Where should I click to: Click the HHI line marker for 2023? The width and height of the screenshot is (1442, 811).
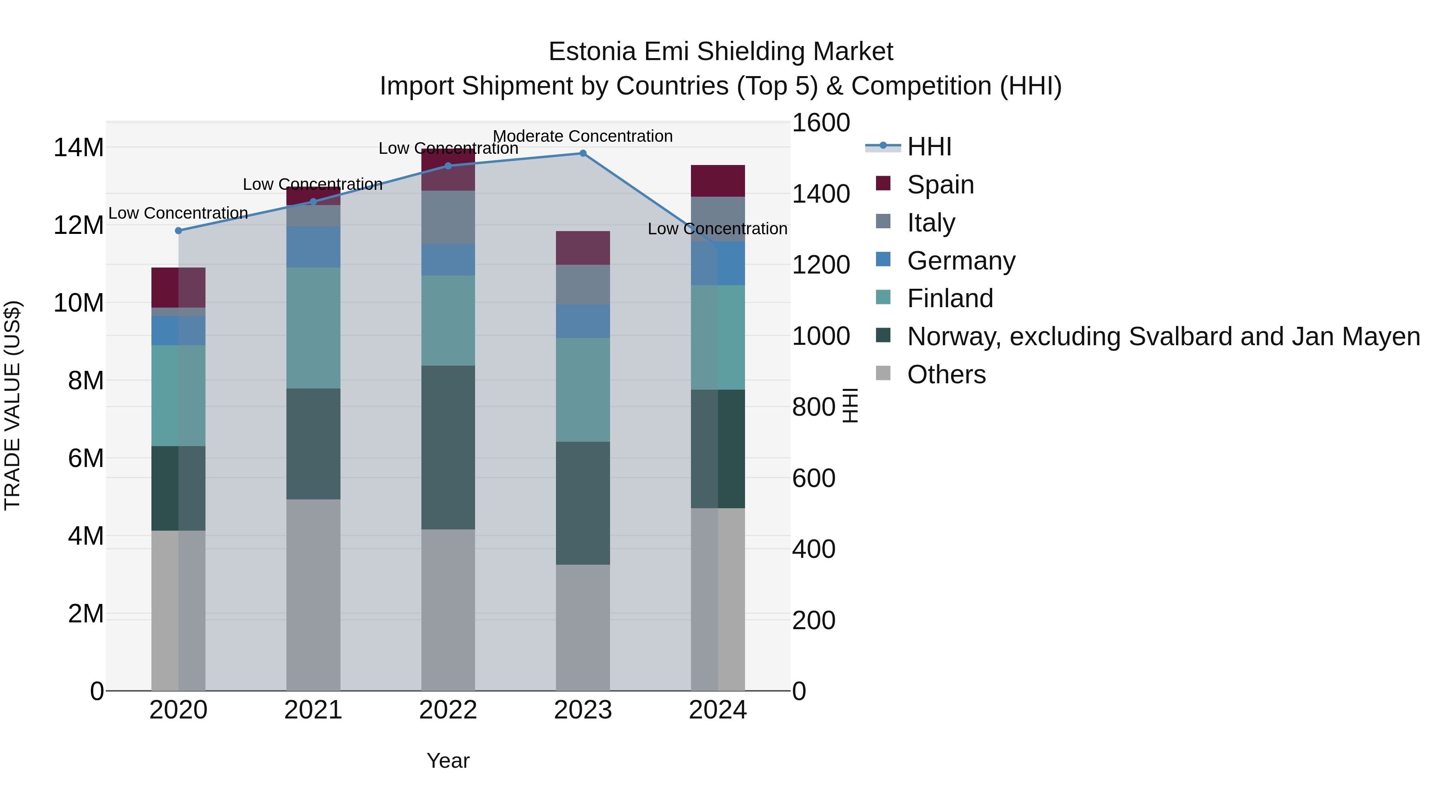(583, 153)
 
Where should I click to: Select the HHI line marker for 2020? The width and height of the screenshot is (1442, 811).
(179, 231)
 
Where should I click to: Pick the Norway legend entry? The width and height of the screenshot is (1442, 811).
(1163, 336)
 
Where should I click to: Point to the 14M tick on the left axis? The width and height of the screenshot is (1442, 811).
(79, 148)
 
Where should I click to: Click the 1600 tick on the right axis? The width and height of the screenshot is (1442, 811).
(821, 123)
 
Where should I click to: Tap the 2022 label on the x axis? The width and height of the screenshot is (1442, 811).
(448, 710)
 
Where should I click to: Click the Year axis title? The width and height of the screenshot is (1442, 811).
(448, 761)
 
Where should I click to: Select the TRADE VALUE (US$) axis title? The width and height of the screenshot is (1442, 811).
(13, 405)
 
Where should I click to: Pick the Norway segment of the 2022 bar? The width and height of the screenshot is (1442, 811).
(448, 448)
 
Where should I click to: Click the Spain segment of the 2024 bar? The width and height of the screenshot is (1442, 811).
(718, 181)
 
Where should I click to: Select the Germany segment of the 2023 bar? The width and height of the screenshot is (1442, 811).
(583, 321)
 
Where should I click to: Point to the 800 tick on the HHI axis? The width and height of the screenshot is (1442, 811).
(814, 407)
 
